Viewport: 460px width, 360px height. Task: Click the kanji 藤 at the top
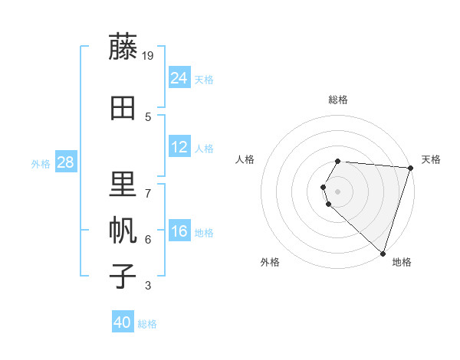(x=123, y=47)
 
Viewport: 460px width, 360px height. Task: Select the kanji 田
(x=123, y=109)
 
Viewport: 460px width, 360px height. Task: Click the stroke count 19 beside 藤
(x=149, y=55)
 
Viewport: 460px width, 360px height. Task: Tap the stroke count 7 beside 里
(x=148, y=192)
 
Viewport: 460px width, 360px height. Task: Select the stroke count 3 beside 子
(x=148, y=286)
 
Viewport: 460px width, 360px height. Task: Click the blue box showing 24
(x=179, y=77)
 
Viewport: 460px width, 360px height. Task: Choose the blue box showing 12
(x=179, y=146)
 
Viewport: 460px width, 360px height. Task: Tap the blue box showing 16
(x=179, y=231)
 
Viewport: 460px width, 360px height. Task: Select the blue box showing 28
(x=65, y=162)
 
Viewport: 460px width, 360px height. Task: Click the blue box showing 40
(x=123, y=322)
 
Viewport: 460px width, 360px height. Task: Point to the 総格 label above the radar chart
(x=338, y=100)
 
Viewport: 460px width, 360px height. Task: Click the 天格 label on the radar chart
(x=431, y=159)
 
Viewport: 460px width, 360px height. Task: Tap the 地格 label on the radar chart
(x=402, y=262)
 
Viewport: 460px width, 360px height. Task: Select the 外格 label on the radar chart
(x=270, y=262)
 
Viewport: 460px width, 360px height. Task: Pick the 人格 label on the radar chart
(x=245, y=159)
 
